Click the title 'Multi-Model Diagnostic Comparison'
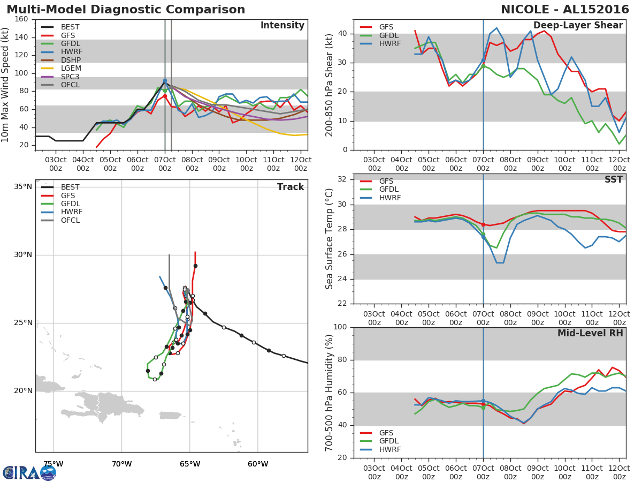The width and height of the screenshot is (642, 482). [126, 10]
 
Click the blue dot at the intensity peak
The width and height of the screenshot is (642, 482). [165, 80]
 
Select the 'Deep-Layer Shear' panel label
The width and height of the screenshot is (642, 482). [578, 26]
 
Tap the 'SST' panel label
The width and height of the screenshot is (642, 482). [614, 180]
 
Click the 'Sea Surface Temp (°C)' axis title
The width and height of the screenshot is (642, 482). [330, 239]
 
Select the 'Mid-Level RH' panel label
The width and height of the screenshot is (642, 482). [590, 333]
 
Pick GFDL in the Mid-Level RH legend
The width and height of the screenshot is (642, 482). [389, 441]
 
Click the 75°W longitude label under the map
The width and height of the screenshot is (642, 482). [53, 464]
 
